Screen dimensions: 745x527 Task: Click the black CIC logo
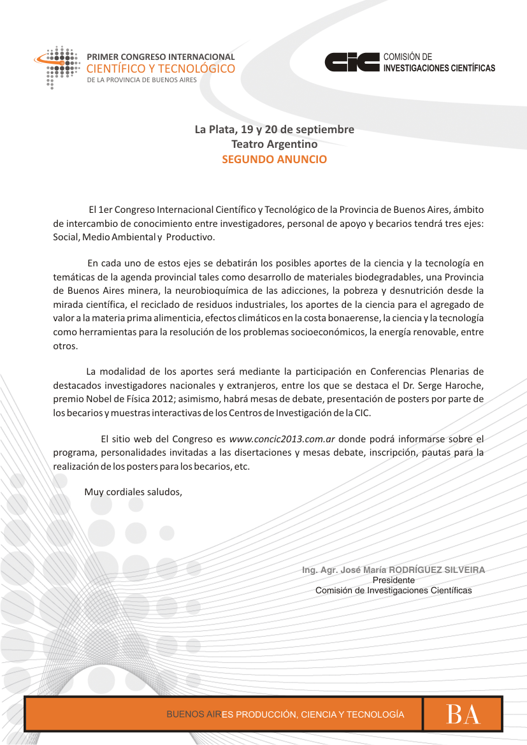(x=352, y=62)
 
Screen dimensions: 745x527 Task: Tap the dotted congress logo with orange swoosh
(x=57, y=66)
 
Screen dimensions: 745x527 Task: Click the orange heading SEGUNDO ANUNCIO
(x=274, y=159)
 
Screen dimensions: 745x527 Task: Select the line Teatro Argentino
(x=274, y=145)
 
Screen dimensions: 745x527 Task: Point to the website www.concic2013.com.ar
(x=282, y=438)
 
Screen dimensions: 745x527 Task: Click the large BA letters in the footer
(x=463, y=714)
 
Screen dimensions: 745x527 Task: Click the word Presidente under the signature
(x=393, y=580)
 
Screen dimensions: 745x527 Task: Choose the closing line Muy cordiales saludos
(x=133, y=491)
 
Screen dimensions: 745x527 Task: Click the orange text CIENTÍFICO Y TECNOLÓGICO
(x=161, y=69)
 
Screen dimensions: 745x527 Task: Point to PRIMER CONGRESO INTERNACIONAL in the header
(x=161, y=57)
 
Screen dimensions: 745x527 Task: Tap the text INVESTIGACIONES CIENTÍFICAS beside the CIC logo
(x=439, y=68)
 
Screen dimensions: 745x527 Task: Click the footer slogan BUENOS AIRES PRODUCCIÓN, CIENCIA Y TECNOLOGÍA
(x=285, y=714)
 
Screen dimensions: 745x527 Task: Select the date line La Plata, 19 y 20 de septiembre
(x=274, y=130)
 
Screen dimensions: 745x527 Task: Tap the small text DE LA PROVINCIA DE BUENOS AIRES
(x=141, y=80)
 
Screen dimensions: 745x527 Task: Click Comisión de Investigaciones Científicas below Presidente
(x=393, y=590)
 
